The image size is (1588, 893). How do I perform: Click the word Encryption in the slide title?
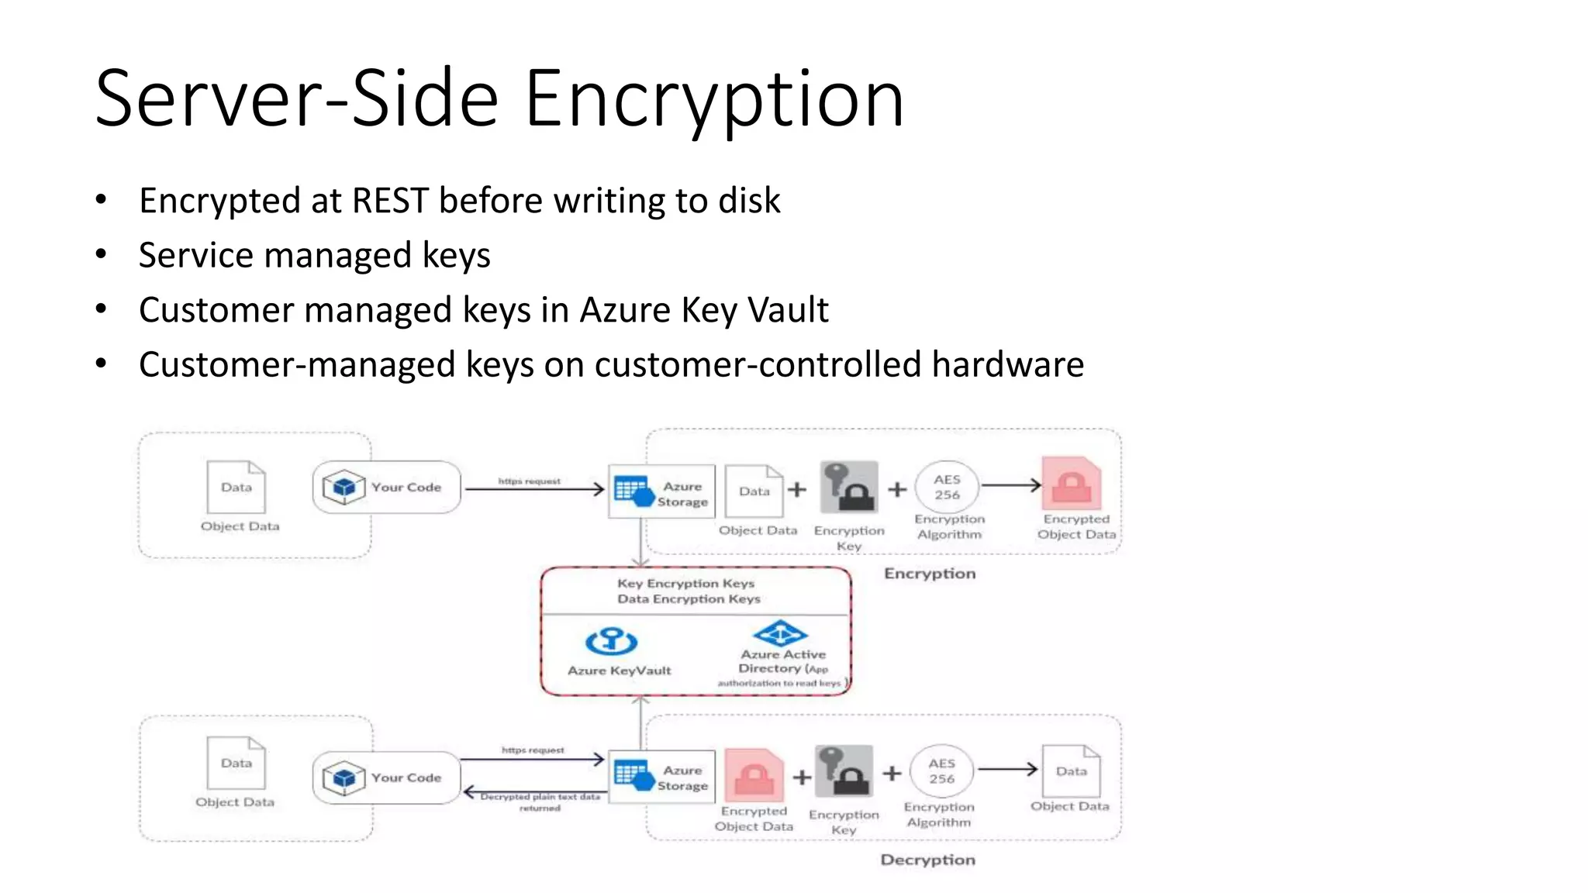[713, 99]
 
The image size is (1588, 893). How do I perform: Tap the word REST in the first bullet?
[389, 201]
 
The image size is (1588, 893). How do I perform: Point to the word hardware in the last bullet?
[1007, 364]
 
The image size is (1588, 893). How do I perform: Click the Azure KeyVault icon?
[612, 641]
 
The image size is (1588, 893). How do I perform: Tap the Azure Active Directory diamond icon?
[781, 633]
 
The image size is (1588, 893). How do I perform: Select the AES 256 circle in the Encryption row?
[947, 488]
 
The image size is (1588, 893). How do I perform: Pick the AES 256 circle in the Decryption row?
[941, 771]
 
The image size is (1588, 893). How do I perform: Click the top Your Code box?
[386, 488]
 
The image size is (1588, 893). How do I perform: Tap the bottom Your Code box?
[386, 777]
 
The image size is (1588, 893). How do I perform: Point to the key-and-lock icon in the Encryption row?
[849, 488]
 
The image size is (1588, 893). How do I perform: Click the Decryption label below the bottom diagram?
[927, 860]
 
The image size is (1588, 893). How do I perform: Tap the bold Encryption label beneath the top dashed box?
[930, 574]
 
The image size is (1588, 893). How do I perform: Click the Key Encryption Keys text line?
[685, 583]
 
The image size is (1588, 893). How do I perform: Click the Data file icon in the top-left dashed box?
[236, 487]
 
